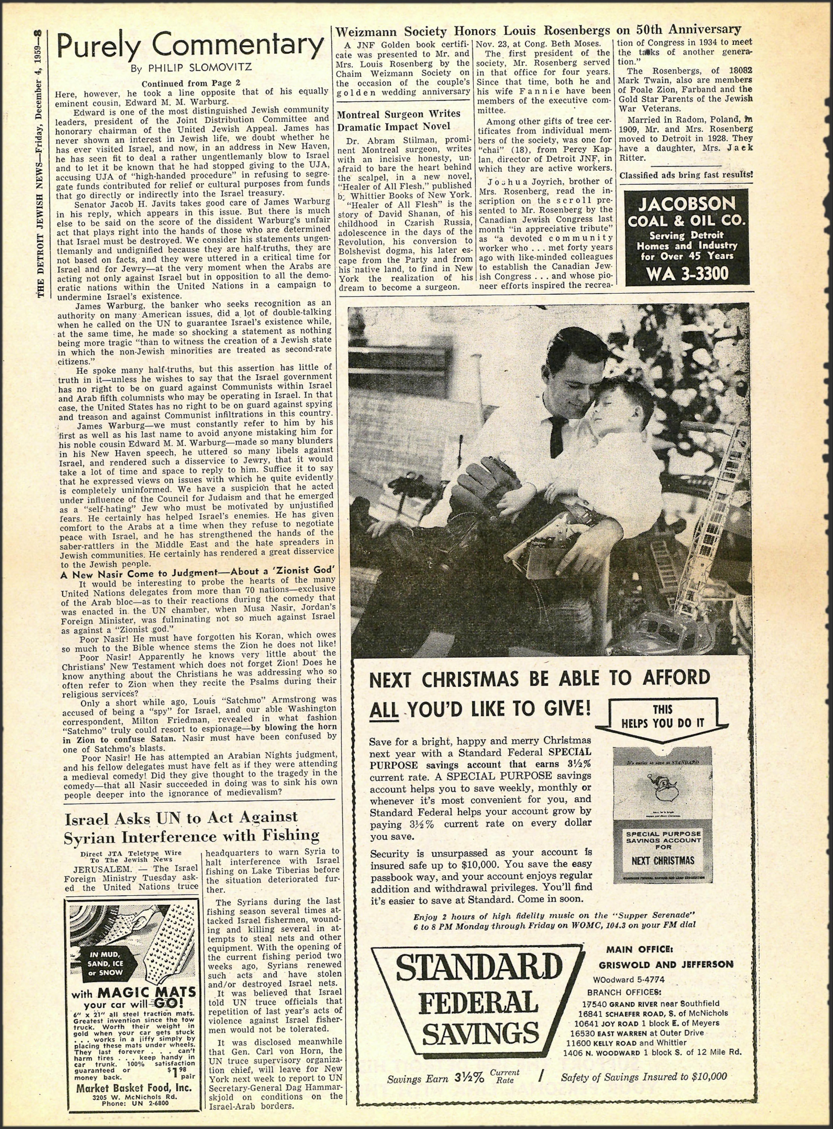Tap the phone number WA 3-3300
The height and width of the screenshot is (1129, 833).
coord(687,274)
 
